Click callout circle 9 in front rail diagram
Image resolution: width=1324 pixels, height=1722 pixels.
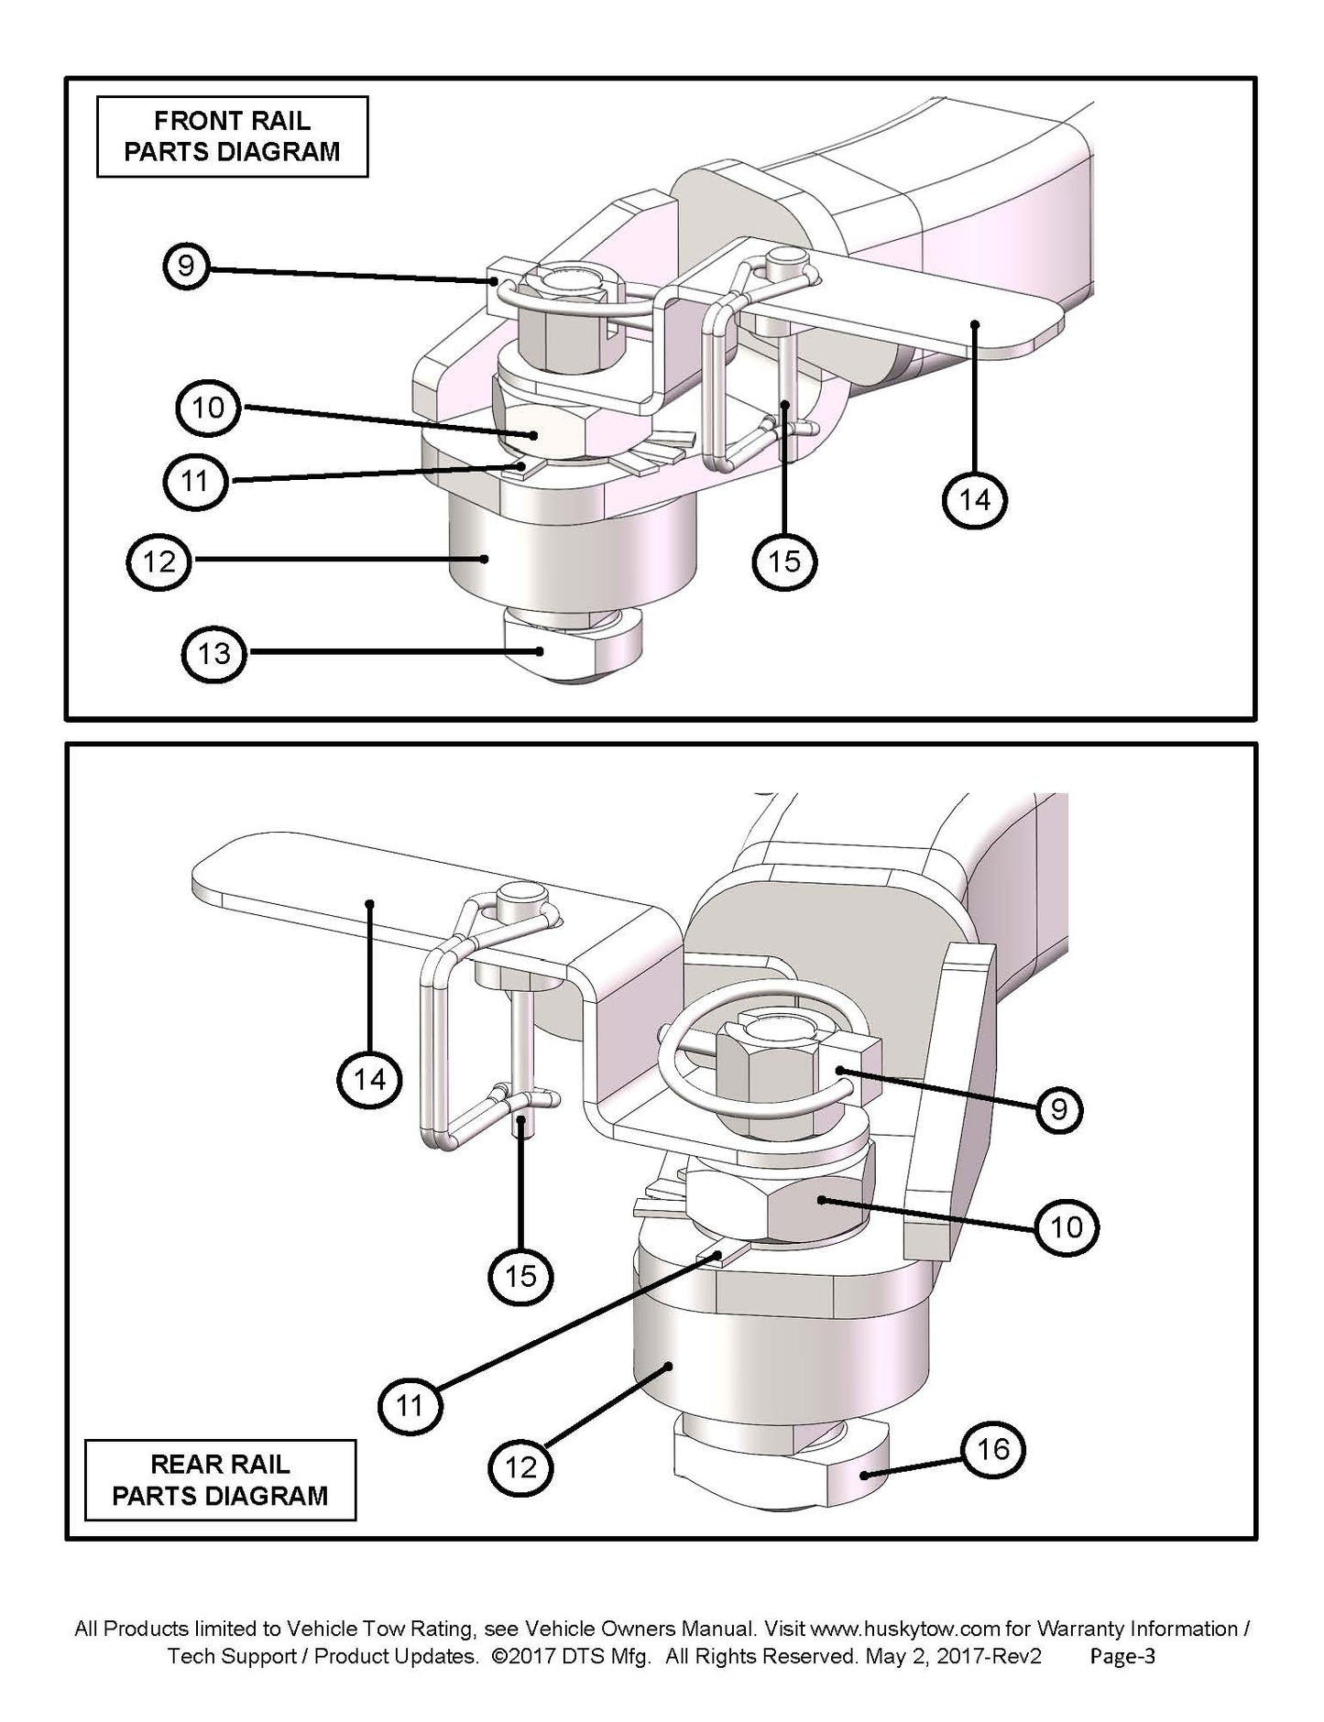coord(186,267)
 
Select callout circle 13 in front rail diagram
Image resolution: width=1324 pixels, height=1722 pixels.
coord(213,653)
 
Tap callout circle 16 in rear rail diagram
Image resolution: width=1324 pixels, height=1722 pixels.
coord(993,1449)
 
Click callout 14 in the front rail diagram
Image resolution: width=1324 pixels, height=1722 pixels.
coord(974,500)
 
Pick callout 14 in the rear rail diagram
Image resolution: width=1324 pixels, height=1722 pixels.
coord(369,1079)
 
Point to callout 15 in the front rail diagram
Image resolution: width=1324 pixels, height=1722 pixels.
coord(784,561)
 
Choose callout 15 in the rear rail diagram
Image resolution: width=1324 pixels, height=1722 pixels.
coord(520,1276)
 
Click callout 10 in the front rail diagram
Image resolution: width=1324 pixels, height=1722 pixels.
coord(208,408)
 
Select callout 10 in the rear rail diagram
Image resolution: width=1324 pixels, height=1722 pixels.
coord(1067,1226)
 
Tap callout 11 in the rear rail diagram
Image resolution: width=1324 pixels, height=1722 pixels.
coord(410,1404)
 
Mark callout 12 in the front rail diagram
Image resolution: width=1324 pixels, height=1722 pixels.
coord(159,561)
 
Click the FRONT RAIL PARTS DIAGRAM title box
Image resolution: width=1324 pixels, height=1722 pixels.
coord(232,136)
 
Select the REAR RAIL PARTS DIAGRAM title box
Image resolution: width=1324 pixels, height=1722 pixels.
coord(220,1481)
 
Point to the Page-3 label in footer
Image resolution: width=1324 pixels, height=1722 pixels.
coord(1122,1657)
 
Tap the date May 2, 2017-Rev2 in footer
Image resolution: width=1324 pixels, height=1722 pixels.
coord(952,1657)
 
